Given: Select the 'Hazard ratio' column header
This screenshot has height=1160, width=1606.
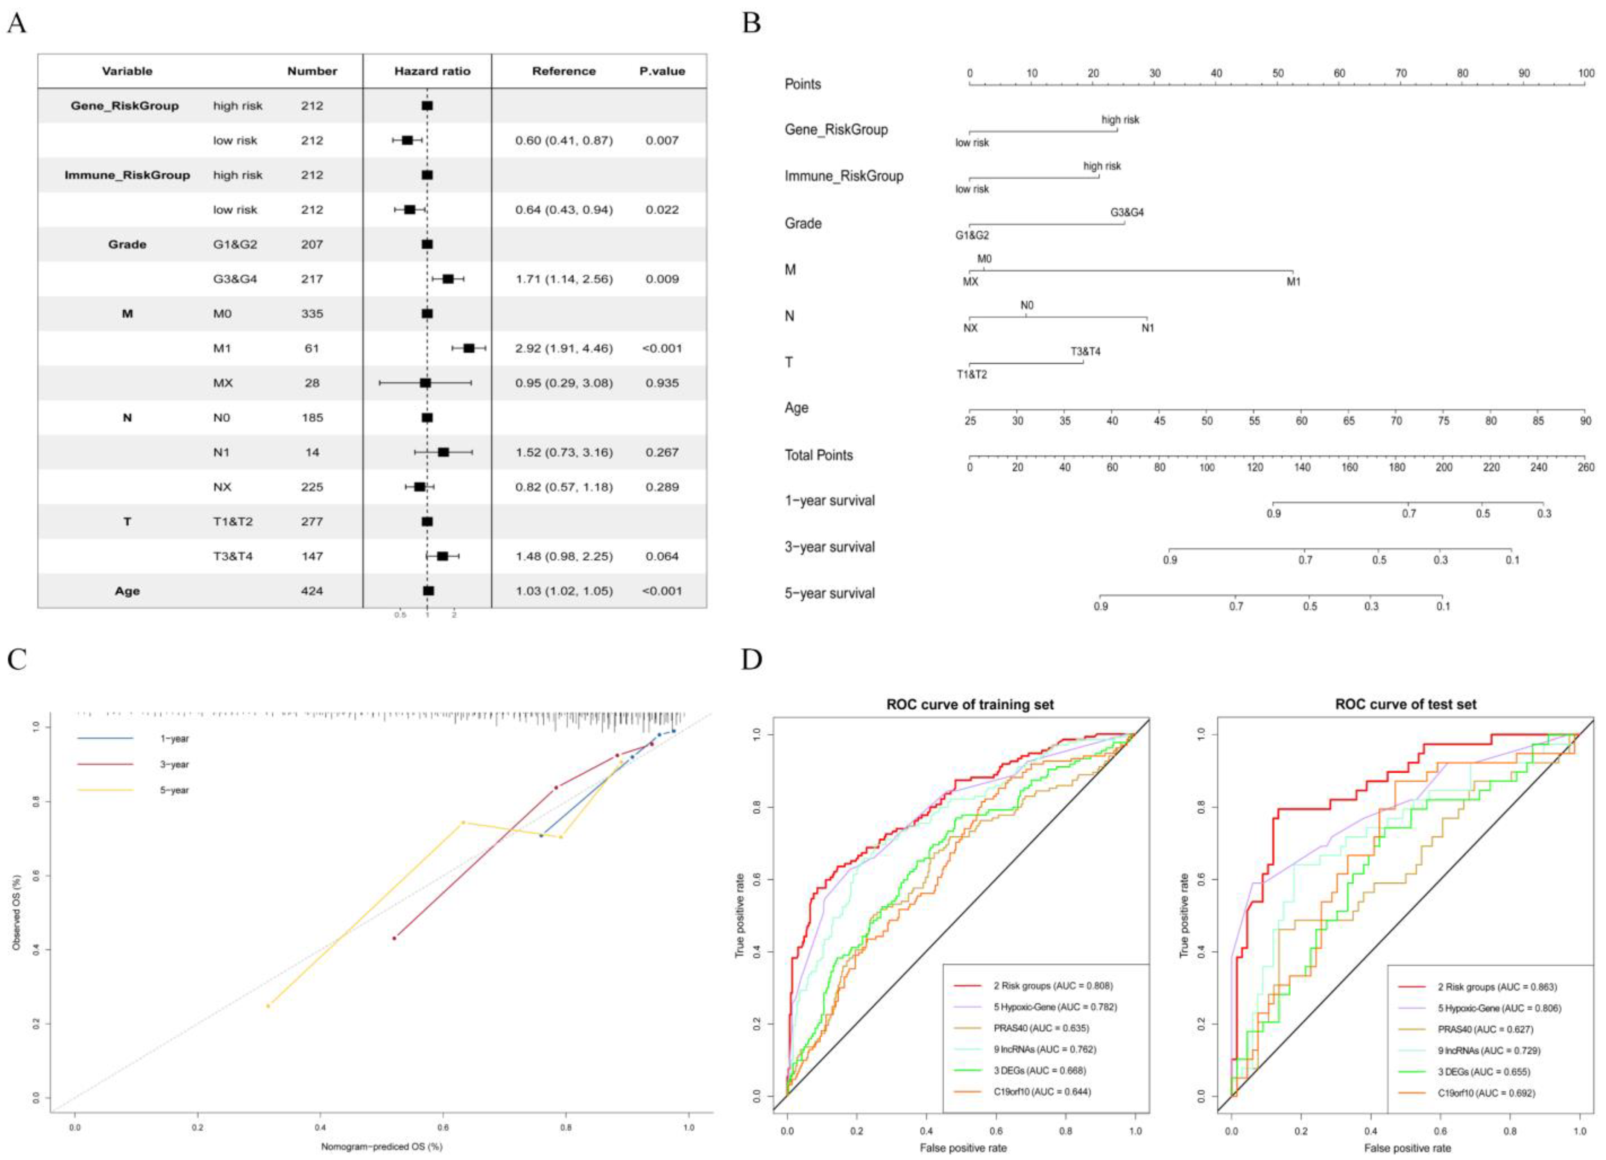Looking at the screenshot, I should [432, 71].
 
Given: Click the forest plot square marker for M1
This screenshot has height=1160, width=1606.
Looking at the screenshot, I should [469, 348].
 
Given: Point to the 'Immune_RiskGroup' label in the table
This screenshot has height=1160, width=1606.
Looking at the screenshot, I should [128, 175].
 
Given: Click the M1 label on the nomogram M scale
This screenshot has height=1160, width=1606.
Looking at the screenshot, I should [1293, 282].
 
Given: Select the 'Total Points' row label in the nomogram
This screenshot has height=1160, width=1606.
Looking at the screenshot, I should [819, 455].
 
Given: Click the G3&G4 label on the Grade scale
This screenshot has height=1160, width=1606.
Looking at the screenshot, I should [1127, 213].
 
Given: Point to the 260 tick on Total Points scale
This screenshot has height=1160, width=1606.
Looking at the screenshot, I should [1585, 468].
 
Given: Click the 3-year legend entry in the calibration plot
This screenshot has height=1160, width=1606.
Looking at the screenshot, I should [174, 764].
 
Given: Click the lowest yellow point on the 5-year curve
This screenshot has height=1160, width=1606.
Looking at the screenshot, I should [268, 1006].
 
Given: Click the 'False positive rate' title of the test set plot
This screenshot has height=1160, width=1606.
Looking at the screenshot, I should [1407, 1148].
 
